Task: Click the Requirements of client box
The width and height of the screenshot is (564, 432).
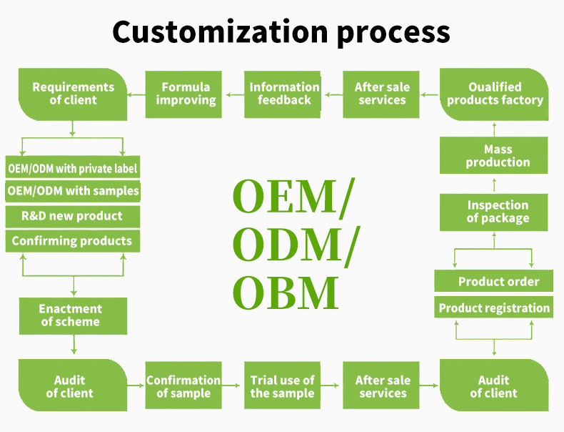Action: tap(72, 94)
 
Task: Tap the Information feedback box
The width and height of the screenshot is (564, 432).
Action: tap(283, 94)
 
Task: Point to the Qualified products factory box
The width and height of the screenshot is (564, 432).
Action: tap(494, 94)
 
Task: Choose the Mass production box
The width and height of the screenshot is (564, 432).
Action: tap(494, 156)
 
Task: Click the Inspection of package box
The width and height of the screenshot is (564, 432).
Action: tap(494, 212)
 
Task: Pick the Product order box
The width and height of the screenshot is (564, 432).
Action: tap(494, 281)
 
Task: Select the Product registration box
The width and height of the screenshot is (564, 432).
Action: tap(494, 308)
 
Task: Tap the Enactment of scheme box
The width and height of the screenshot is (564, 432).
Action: tap(72, 315)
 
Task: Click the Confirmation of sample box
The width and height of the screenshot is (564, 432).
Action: tap(183, 386)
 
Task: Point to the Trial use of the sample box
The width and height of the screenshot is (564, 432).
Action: tap(282, 386)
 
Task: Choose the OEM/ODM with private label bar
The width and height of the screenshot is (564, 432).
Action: tap(72, 169)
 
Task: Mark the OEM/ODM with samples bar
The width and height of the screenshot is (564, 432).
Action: tap(72, 192)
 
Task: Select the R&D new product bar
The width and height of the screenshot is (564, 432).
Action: tap(72, 216)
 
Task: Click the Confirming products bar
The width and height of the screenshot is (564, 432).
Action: tap(72, 241)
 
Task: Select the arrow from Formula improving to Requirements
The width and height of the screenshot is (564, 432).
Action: tap(136, 94)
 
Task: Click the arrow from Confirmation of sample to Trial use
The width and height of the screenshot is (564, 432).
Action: tap(232, 386)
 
